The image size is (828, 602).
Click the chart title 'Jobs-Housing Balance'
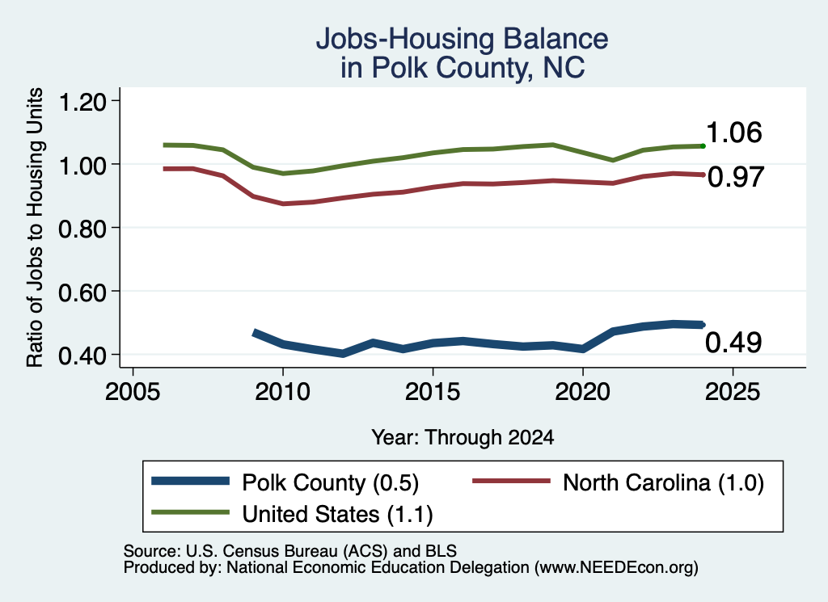[462, 39]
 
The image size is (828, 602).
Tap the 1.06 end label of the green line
[733, 133]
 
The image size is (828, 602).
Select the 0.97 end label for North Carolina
[736, 177]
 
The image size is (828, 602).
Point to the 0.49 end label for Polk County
[733, 343]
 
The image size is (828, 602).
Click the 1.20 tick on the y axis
[82, 101]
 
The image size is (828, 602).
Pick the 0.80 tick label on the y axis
[82, 229]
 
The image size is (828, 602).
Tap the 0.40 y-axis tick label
[82, 355]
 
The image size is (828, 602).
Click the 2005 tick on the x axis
[133, 392]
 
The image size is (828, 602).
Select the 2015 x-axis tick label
[433, 392]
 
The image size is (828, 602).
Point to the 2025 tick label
[733, 392]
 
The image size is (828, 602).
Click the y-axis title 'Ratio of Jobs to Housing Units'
[35, 227]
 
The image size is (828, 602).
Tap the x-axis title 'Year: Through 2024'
[463, 437]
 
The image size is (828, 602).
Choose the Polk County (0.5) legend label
[330, 482]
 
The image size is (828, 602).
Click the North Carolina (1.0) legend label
[663, 482]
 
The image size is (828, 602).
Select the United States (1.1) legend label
[337, 515]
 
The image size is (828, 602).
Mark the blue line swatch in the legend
[191, 481]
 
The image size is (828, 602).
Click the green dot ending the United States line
[703, 146]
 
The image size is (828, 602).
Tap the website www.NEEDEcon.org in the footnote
[615, 568]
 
